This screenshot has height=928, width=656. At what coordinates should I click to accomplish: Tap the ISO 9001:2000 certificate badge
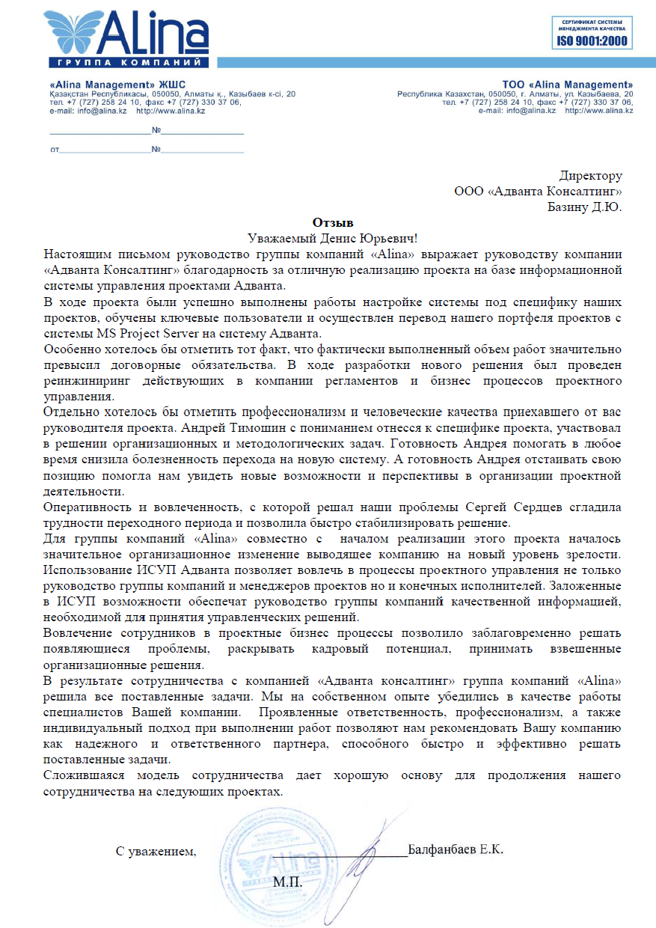pos(589,32)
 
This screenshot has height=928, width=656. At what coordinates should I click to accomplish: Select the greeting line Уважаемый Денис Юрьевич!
pos(332,237)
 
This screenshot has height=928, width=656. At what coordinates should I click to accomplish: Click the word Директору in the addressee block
pos(590,177)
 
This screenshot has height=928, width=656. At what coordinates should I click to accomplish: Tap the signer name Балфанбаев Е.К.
pos(456,850)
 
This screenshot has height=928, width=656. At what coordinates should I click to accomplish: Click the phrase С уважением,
pos(156,851)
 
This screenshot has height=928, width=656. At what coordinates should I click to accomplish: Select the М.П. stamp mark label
pos(288,882)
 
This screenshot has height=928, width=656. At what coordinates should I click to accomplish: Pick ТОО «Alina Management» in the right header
pos(568,84)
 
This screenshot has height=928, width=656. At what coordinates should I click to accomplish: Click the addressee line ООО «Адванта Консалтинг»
pos(538,192)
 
